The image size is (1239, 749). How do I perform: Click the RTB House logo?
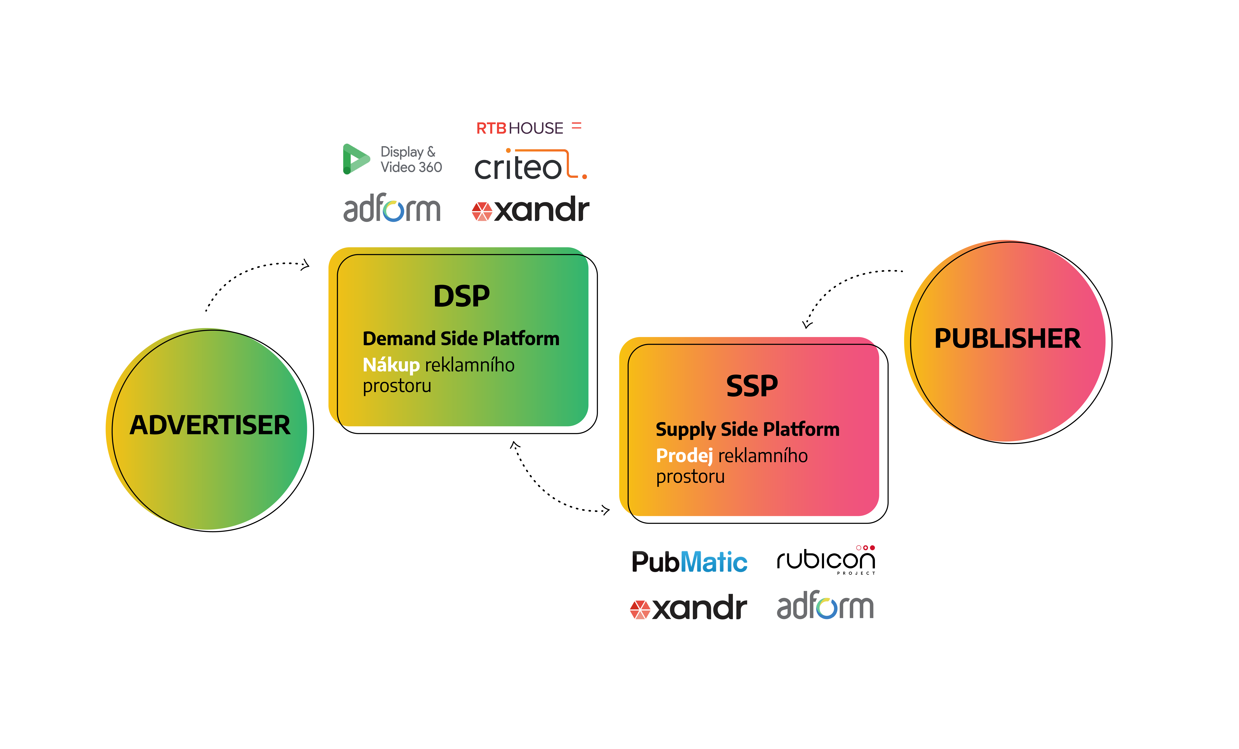point(529,128)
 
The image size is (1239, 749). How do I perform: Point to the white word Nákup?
point(391,365)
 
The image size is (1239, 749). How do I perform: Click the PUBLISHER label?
point(1007,339)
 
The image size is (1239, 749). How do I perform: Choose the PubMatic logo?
point(689,562)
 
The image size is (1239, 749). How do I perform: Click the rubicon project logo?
point(826,559)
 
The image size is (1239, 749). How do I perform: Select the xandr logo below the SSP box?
point(688,608)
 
